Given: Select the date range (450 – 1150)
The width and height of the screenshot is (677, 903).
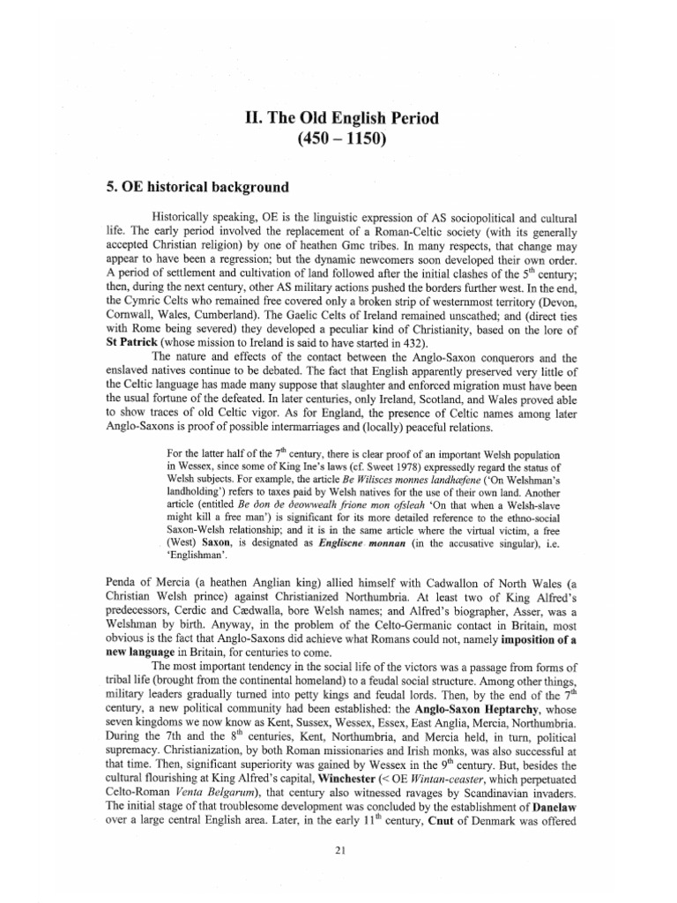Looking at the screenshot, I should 338,139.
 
